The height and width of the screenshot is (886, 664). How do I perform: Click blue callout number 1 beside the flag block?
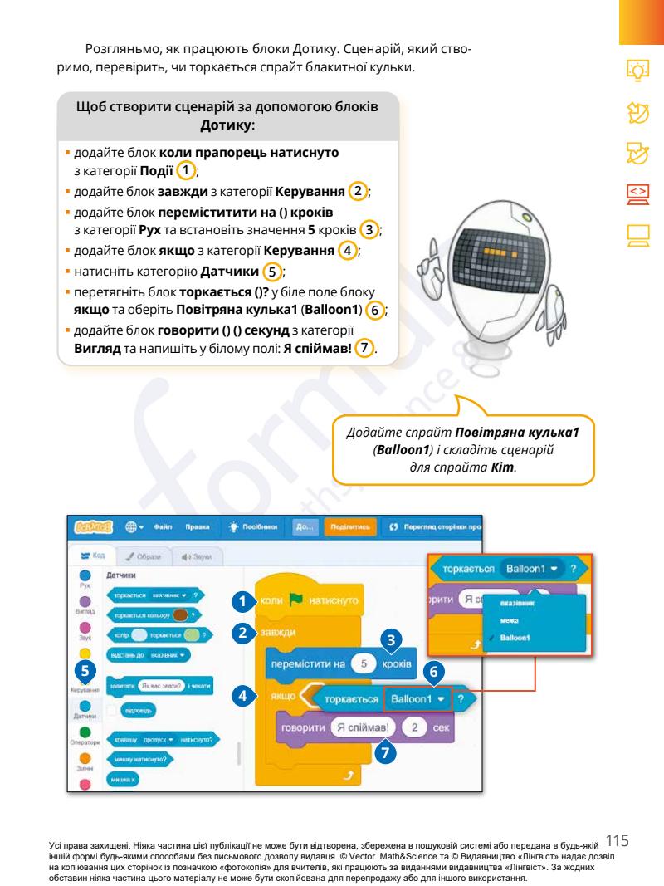click(x=241, y=598)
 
